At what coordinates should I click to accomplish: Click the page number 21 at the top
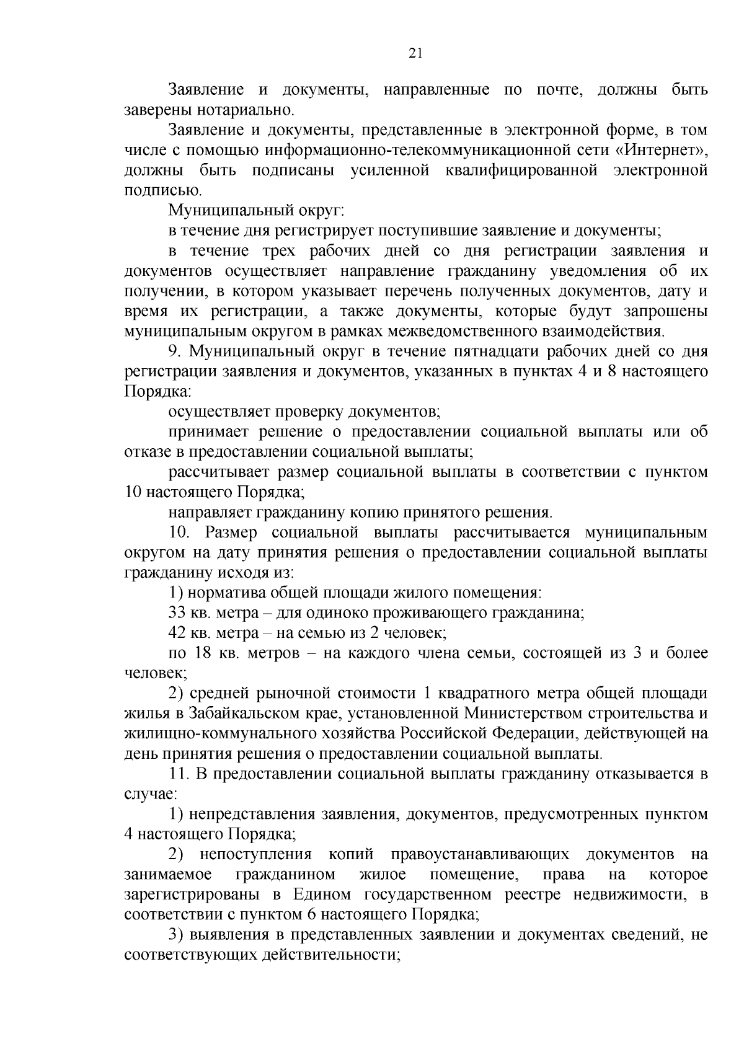415,54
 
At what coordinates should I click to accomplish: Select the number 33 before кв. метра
177,613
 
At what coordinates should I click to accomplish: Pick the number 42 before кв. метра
177,634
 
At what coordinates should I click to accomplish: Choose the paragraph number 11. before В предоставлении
179,774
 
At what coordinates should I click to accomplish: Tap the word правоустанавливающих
480,855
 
